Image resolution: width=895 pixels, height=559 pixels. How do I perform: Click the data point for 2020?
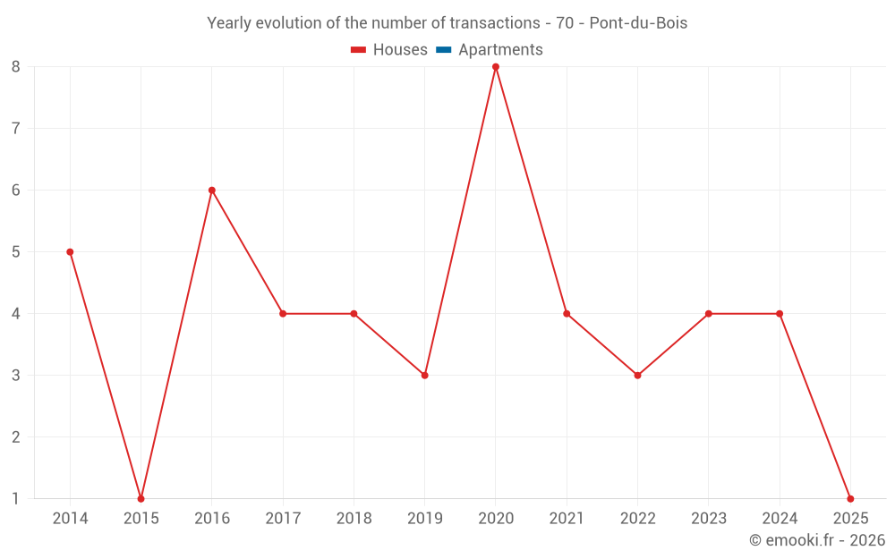(496, 67)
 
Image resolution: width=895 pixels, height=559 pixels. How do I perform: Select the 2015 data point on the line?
(141, 498)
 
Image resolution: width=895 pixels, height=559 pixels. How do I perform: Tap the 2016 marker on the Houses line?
(212, 191)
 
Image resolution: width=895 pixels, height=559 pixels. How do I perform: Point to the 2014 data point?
(70, 252)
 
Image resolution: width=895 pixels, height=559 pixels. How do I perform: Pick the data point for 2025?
(850, 498)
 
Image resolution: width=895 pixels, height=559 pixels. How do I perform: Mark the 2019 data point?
(425, 376)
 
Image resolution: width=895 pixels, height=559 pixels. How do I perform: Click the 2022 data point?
(637, 376)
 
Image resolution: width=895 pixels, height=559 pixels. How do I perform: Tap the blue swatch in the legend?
(443, 50)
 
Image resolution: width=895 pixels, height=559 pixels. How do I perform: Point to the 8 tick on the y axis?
(16, 67)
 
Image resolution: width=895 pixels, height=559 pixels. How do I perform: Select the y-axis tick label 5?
(16, 252)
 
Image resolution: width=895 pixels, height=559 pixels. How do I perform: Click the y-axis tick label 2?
(16, 437)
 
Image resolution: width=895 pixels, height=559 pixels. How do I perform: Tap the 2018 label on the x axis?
(354, 519)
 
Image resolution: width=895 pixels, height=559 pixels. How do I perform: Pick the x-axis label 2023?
(708, 519)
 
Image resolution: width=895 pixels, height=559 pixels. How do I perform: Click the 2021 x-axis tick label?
(567, 519)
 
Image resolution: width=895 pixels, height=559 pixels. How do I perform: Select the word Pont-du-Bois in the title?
(638, 23)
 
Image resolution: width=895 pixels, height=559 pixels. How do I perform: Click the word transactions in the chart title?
(489, 23)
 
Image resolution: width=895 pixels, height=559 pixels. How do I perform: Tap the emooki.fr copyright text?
(817, 540)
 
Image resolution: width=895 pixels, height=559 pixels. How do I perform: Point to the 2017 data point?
(283, 314)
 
